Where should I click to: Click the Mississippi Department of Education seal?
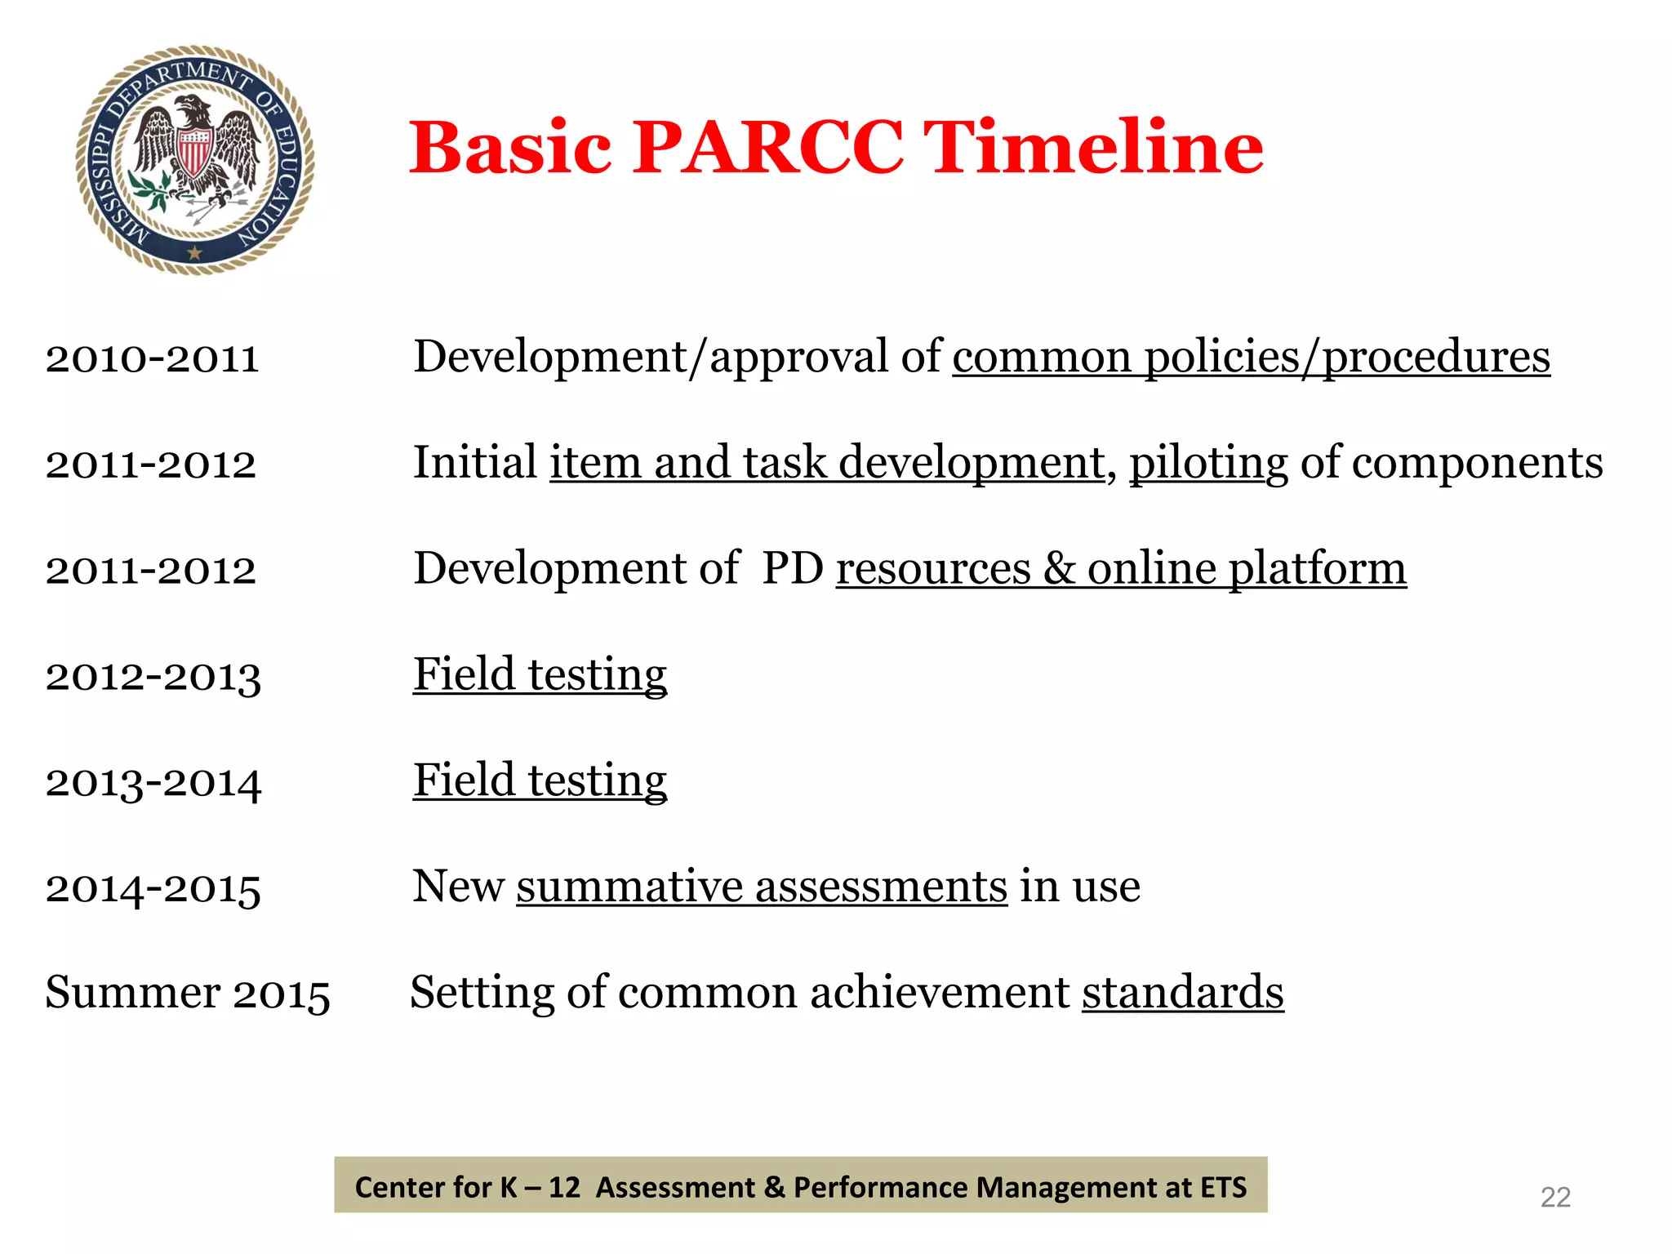(195, 159)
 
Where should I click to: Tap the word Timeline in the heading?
(1094, 148)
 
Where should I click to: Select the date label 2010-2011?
(152, 358)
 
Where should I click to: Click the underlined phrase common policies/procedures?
(1251, 358)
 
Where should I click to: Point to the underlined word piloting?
(1208, 464)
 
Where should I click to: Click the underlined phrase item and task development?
(826, 463)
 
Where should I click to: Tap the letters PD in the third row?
(792, 568)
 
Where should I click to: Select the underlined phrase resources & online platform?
(1120, 569)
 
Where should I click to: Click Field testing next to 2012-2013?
(540, 675)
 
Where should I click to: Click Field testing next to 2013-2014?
(540, 780)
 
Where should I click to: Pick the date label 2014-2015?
(153, 887)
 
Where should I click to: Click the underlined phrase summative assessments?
(761, 887)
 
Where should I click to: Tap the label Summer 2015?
(188, 993)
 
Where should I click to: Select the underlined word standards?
(1182, 993)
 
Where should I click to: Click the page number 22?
(1554, 1197)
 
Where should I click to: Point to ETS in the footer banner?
(1223, 1186)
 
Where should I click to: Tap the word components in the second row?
(1451, 463)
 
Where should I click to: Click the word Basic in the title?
(510, 148)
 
